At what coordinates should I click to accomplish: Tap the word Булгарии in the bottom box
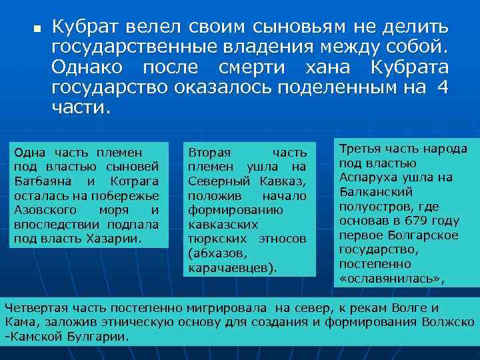[x=101, y=337]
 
